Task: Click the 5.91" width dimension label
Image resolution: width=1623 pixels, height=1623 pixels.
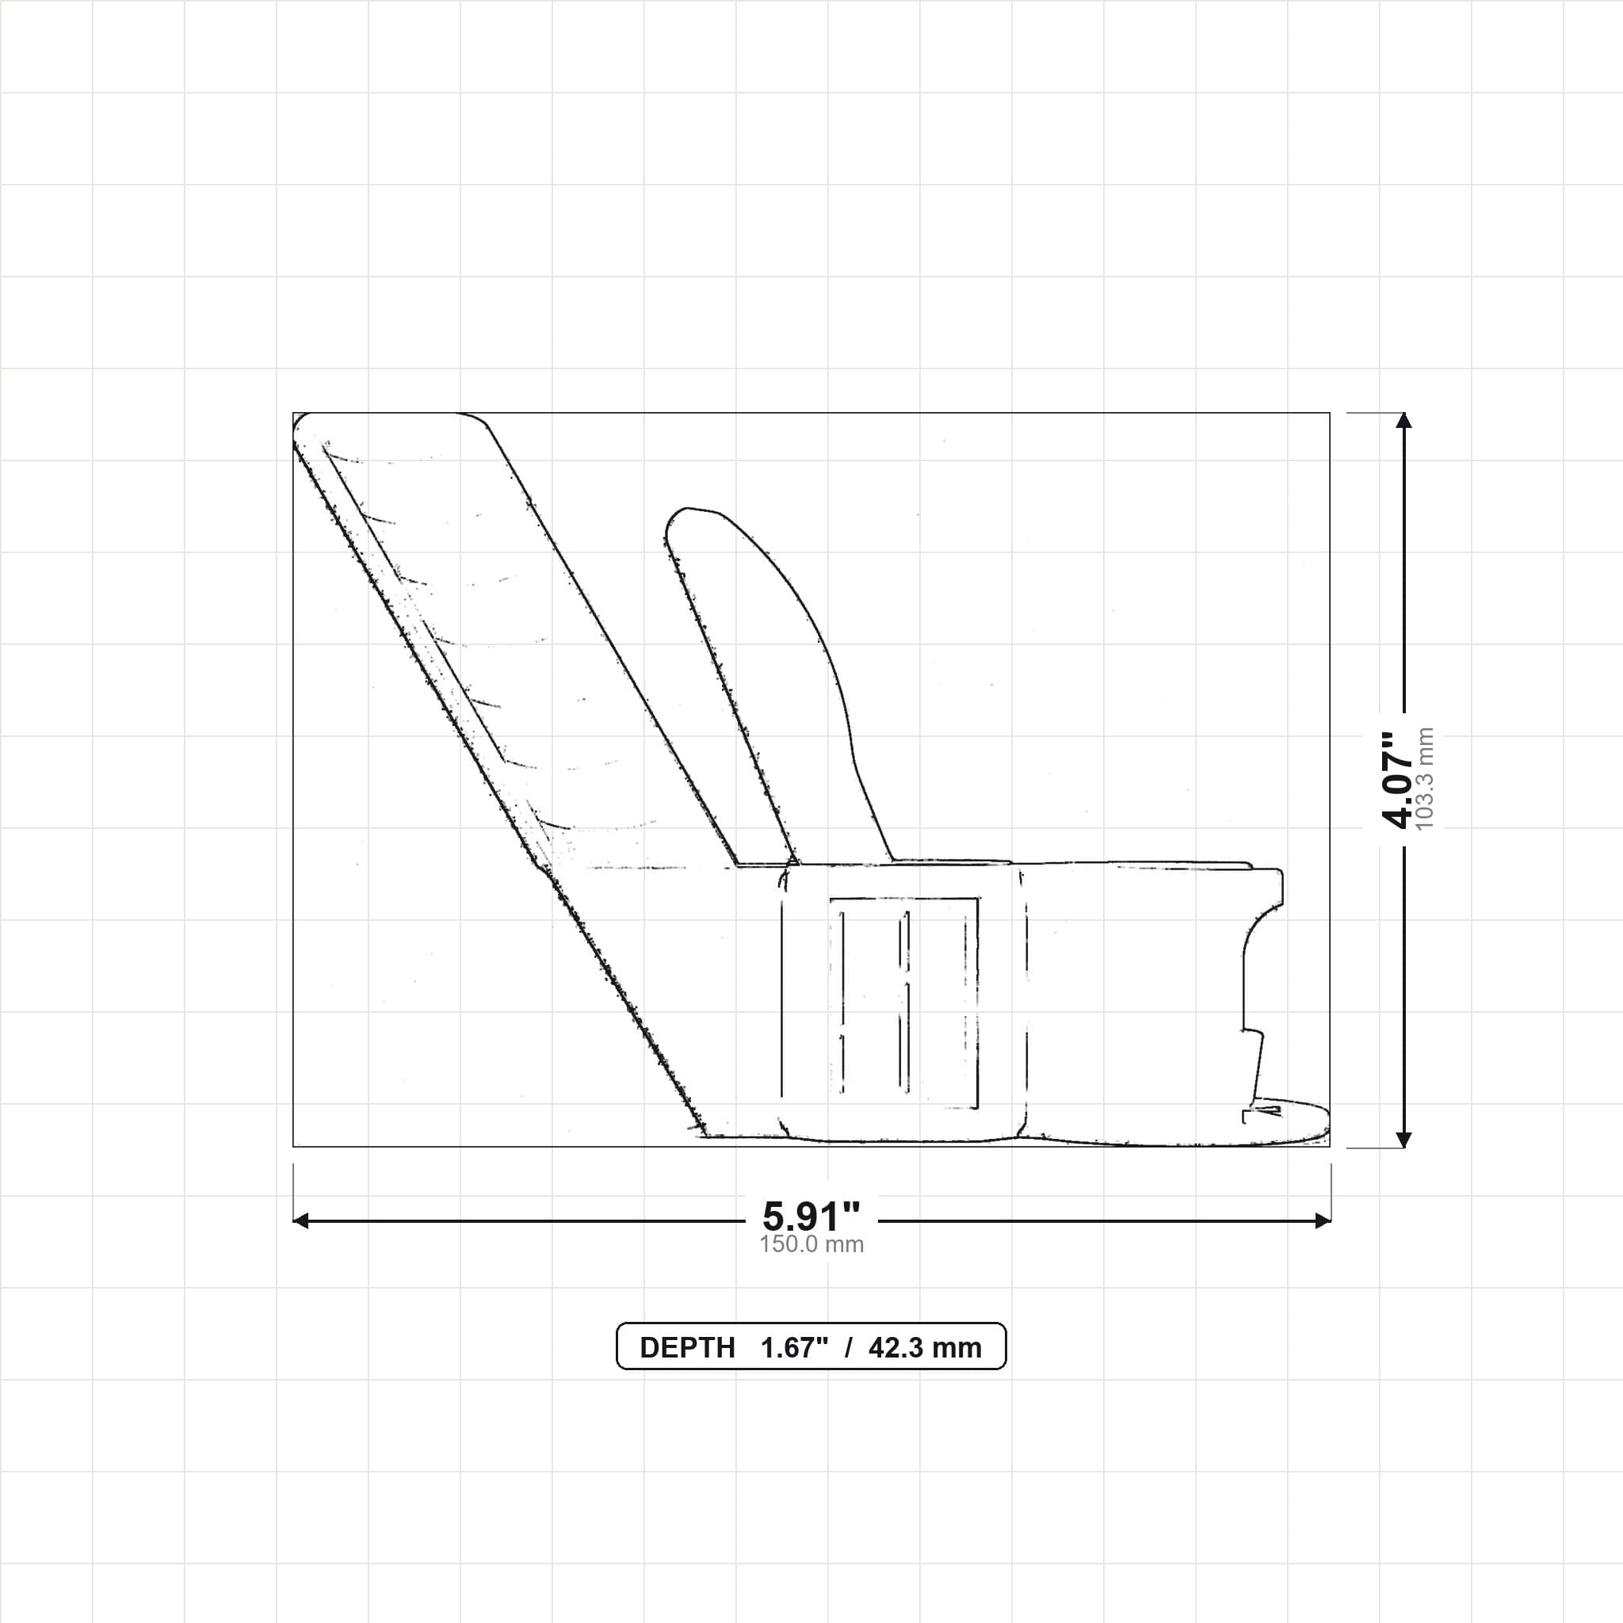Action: pos(811,1216)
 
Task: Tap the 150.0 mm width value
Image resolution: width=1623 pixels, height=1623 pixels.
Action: pos(811,1244)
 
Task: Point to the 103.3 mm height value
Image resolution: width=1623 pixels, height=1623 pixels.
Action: pos(1425,780)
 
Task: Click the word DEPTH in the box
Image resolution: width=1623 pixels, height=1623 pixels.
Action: pos(687,1347)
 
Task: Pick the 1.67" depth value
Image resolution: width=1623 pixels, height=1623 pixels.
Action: pos(795,1347)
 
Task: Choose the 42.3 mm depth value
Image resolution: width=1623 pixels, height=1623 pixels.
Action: pos(925,1347)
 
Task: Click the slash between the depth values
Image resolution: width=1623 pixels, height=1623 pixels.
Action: pos(849,1347)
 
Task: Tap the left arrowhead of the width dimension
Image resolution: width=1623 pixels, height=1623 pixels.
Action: pos(300,1220)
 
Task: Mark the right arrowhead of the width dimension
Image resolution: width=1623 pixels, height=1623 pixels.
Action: pos(1323,1220)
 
